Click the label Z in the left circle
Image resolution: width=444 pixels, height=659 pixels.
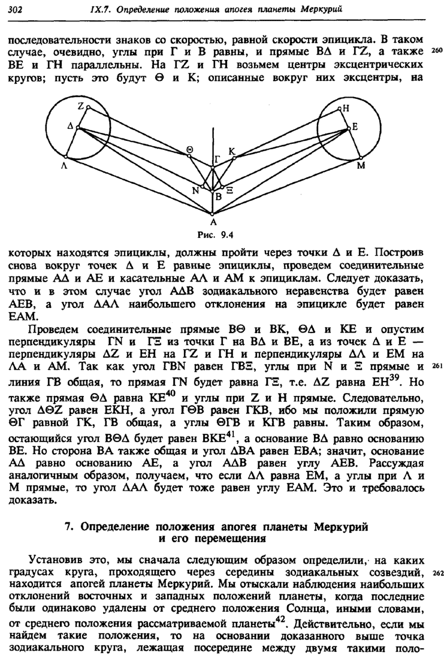coord(80,104)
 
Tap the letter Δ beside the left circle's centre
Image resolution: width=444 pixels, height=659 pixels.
coord(70,127)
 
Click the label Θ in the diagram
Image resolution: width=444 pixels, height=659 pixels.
coord(189,149)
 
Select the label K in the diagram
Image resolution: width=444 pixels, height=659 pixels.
coord(232,150)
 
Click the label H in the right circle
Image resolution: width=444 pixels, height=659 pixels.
coord(346,108)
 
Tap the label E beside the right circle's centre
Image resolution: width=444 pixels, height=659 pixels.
coord(355,127)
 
